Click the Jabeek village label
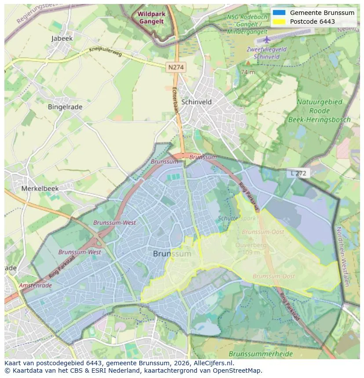(62, 38)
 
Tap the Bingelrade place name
(65, 106)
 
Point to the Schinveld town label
(197, 102)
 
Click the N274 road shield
(176, 67)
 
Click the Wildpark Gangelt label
(151, 18)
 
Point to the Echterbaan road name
(175, 100)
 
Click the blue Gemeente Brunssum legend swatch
(279, 13)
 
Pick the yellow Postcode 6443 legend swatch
(279, 22)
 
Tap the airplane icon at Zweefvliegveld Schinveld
(266, 40)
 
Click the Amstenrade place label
(35, 285)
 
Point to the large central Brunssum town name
(172, 254)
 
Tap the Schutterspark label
(237, 218)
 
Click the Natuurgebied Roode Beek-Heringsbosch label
(319, 111)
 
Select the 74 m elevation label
(248, 72)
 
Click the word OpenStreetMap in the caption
(238, 371)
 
